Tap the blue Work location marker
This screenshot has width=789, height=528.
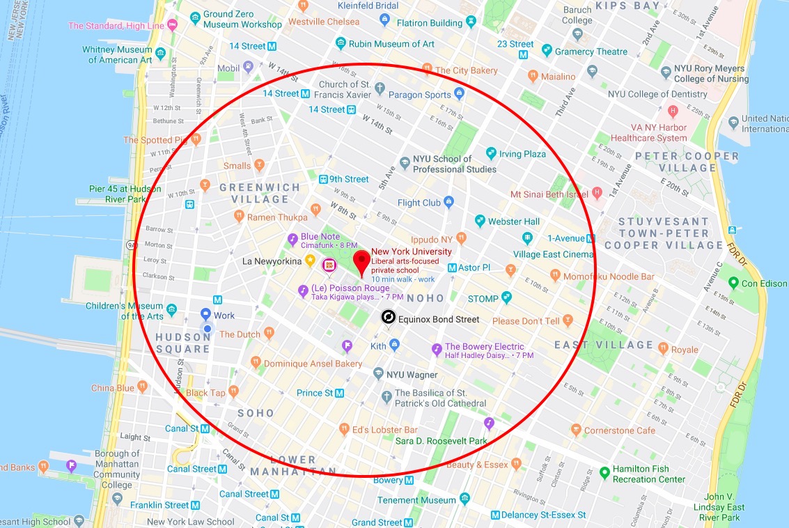pos(206,315)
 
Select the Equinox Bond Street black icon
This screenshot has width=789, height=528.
pos(388,318)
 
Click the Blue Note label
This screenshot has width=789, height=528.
pos(320,237)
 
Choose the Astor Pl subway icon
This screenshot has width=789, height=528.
pos(452,267)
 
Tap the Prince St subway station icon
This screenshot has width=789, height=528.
pos(340,393)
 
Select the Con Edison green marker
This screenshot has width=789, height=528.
pos(733,283)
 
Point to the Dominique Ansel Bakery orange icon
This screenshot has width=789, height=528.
pos(256,363)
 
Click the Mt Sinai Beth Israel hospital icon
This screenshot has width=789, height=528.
pos(597,194)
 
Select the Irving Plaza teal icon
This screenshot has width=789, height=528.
pos(491,153)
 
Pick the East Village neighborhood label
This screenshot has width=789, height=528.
pos(604,345)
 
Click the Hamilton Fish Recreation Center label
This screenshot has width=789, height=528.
pos(649,474)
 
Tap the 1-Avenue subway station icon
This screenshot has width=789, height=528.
pos(528,238)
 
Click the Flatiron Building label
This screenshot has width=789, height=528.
pos(430,23)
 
